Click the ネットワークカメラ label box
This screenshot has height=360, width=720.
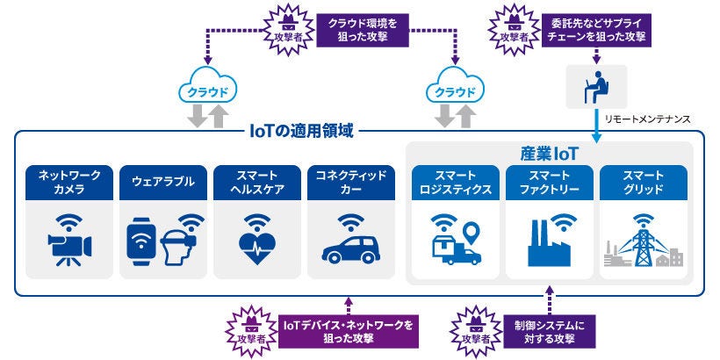(70, 181)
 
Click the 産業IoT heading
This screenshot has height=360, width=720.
(549, 152)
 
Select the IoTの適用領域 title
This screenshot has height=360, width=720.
(301, 132)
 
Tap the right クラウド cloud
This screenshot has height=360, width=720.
(457, 90)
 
